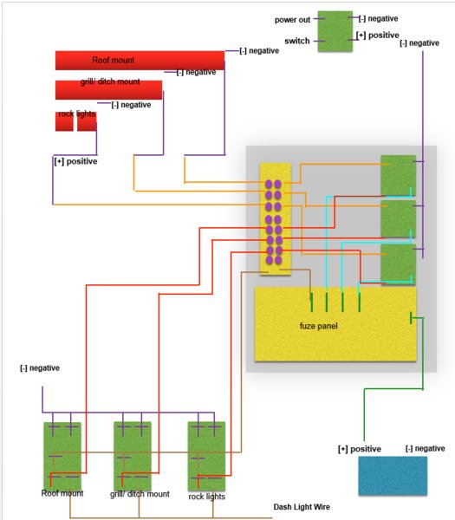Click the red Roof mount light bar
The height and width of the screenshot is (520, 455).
(x=140, y=61)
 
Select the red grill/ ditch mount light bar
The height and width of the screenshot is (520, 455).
(x=109, y=90)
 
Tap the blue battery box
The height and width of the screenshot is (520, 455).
(x=393, y=476)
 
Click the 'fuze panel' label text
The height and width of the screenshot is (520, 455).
(x=318, y=326)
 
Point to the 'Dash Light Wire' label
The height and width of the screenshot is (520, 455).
(x=302, y=507)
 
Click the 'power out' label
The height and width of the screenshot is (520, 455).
(x=292, y=20)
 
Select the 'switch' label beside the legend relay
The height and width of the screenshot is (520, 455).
(x=296, y=41)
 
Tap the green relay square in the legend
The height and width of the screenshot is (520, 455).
(x=335, y=31)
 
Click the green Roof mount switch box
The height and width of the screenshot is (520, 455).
(x=62, y=456)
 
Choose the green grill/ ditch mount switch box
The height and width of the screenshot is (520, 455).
(x=133, y=456)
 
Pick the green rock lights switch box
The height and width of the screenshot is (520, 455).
(x=206, y=456)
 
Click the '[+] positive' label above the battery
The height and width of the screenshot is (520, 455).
(x=360, y=449)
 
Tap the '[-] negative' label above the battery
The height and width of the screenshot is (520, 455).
(x=426, y=448)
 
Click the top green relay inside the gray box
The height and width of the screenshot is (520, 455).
(x=398, y=176)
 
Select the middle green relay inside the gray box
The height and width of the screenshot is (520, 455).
(x=398, y=219)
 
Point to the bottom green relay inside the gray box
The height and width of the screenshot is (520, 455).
(x=398, y=264)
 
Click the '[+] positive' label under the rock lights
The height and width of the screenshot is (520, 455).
(x=75, y=161)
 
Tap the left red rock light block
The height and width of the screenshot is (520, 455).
(x=64, y=121)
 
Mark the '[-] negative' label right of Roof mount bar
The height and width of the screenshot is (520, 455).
(x=259, y=51)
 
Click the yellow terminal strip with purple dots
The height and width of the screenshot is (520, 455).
(x=276, y=219)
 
